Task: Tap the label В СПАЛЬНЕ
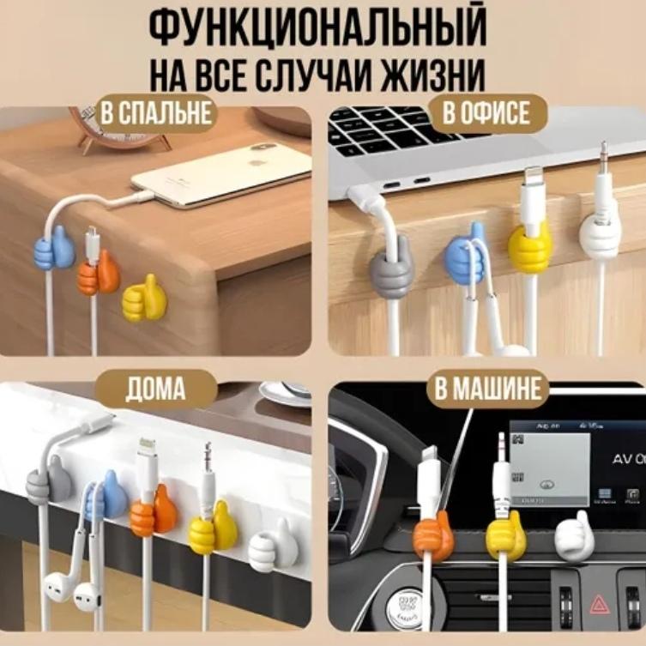point(156,113)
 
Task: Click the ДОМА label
point(156,389)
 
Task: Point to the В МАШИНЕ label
point(487,388)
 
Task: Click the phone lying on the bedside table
point(221,175)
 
